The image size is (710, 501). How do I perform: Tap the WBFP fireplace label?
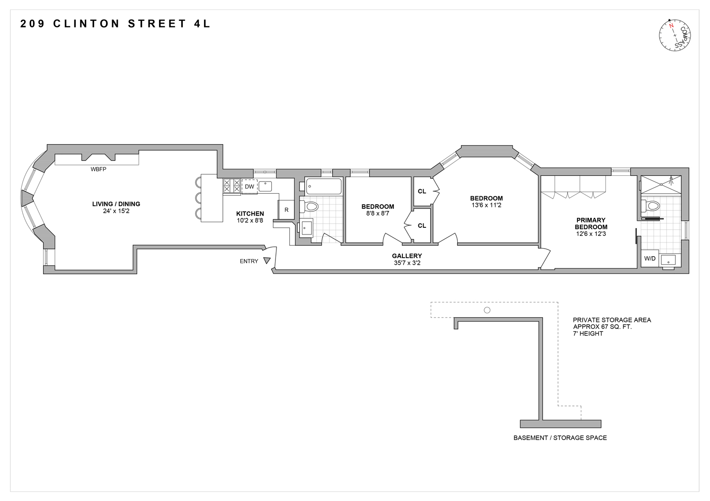click(98, 169)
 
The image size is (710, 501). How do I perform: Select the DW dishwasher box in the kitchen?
click(249, 187)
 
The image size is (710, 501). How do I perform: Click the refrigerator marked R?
click(286, 210)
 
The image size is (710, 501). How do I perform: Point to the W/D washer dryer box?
click(649, 259)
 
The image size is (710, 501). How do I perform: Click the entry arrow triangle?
click(267, 260)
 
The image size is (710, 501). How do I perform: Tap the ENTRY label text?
click(249, 261)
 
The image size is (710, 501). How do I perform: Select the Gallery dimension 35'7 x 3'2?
click(407, 263)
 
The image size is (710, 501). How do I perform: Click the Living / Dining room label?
click(116, 204)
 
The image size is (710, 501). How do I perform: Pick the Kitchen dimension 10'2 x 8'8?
click(250, 220)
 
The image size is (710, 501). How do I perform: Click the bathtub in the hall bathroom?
click(324, 186)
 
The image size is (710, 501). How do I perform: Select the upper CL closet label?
click(422, 191)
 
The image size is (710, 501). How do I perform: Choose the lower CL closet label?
click(422, 225)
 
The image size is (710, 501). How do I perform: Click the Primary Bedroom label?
click(591, 224)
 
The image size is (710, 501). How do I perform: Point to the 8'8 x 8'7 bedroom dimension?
click(378, 213)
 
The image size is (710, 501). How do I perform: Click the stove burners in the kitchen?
click(232, 186)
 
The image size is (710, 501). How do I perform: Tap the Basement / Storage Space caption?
click(560, 438)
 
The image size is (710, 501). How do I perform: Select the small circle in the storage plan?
click(487, 311)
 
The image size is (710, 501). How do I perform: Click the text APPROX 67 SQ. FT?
click(602, 327)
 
